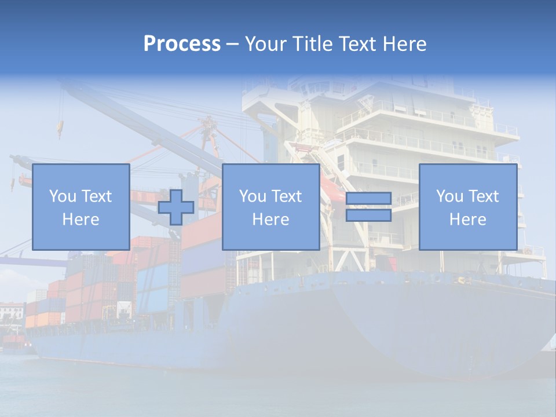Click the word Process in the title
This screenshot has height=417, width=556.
click(x=182, y=44)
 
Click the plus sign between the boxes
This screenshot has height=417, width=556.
click(x=176, y=207)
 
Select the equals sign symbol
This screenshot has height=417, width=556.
click(x=368, y=207)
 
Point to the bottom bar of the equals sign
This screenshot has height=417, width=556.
click(x=368, y=215)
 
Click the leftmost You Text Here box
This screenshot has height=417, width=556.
click(x=81, y=207)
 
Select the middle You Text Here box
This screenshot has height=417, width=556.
click(x=270, y=207)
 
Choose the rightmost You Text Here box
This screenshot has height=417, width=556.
click(x=467, y=207)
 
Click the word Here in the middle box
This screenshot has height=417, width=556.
click(x=270, y=220)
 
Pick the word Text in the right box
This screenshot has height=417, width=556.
click(x=484, y=196)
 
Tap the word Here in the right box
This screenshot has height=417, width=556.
click(x=467, y=220)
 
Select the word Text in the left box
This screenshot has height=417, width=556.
click(x=96, y=196)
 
